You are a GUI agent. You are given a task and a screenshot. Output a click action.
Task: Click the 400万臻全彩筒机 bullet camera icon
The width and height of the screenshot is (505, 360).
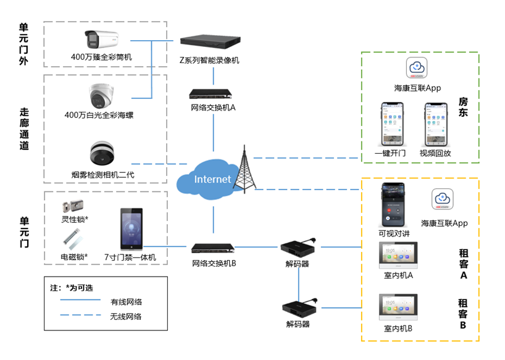(x=101, y=40)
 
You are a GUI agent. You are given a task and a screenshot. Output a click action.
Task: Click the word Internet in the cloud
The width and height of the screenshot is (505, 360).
(x=212, y=179)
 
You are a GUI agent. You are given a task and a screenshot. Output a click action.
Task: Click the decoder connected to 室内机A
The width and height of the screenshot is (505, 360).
(x=299, y=248)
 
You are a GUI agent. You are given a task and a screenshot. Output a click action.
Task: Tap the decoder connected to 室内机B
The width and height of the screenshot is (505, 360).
(x=299, y=307)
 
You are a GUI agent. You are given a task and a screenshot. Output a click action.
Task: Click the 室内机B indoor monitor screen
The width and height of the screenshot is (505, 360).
(x=398, y=308)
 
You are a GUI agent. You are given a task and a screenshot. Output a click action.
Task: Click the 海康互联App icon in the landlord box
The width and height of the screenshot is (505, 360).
(x=417, y=68)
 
